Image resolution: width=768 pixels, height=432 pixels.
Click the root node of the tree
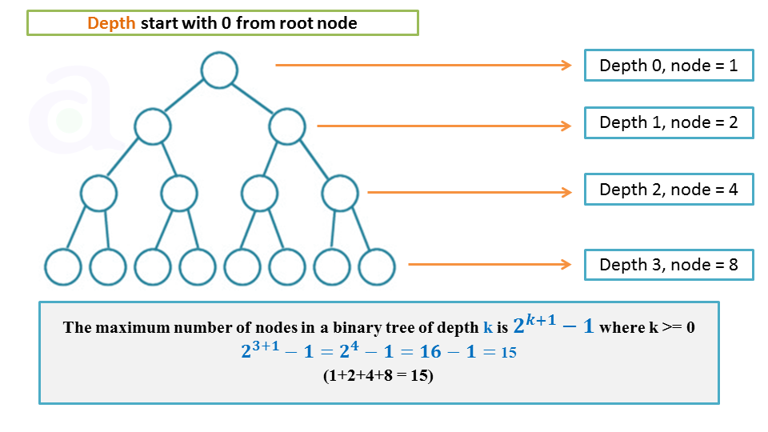(x=219, y=70)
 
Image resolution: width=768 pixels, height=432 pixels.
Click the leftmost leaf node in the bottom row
(x=62, y=267)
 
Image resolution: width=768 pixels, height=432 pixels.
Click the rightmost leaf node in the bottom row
(x=377, y=267)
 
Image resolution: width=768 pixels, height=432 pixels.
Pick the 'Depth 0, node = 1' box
(x=668, y=66)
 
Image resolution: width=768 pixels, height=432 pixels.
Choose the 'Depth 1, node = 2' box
(x=668, y=122)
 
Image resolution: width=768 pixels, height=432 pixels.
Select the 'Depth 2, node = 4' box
(x=668, y=190)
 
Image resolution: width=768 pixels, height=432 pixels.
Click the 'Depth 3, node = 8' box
(x=668, y=265)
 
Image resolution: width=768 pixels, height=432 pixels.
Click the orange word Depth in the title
(x=111, y=23)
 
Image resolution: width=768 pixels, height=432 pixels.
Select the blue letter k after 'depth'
(x=488, y=327)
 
